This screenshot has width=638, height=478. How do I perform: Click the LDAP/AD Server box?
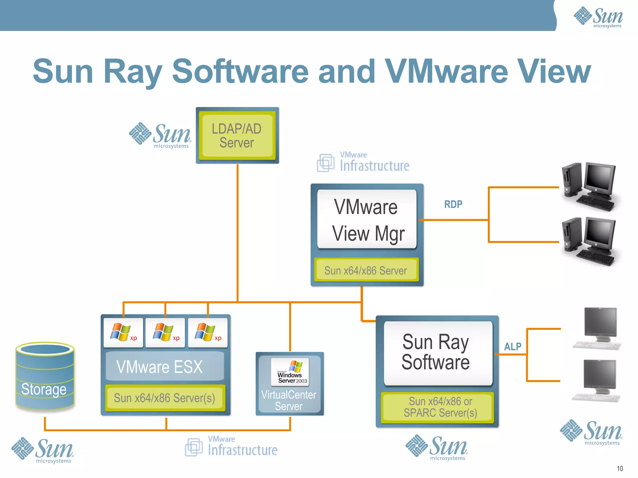237,136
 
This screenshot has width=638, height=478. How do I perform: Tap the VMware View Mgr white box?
367,219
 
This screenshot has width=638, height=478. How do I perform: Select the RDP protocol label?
453,204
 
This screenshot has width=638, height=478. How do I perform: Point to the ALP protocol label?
512,347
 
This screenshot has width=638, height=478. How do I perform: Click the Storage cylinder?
45,377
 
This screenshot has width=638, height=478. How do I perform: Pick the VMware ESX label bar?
164,367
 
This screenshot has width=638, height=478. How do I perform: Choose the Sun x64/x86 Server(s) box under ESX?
164,398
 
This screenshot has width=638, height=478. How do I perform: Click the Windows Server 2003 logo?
290,372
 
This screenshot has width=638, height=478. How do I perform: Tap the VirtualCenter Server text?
289,401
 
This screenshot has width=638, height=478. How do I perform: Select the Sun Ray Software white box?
438,353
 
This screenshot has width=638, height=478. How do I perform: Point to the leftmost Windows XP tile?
123,333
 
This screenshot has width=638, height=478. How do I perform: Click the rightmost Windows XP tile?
208,333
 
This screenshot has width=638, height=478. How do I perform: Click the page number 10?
620,469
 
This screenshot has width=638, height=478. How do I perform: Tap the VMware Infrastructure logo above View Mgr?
363,162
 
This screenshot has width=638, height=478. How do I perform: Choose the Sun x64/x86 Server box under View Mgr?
366,271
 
